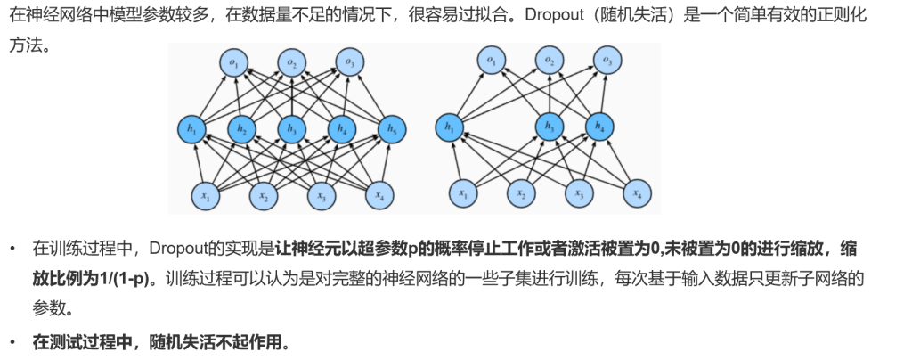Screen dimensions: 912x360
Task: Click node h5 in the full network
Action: pyautogui.click(x=392, y=130)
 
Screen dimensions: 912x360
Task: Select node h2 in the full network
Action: pyautogui.click(x=241, y=130)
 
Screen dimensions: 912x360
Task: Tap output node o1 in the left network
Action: pyautogui.click(x=234, y=62)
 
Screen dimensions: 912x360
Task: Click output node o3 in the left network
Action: pyautogui.click(x=349, y=62)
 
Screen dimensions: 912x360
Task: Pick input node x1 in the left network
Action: pyautogui.click(x=206, y=195)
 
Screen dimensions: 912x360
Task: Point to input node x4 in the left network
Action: pyautogui.click(x=379, y=195)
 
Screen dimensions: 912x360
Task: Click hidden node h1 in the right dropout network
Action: pyautogui.click(x=449, y=127)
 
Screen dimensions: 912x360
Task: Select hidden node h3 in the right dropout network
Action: pyautogui.click(x=549, y=127)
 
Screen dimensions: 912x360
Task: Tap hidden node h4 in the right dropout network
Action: pyautogui.click(x=599, y=127)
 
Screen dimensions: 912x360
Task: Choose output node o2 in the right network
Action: pyautogui.click(x=550, y=61)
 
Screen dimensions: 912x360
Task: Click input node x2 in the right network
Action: pyautogui.click(x=521, y=193)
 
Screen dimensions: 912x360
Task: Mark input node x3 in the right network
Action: pyautogui.click(x=579, y=193)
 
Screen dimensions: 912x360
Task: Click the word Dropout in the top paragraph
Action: pyautogui.click(x=554, y=14)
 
